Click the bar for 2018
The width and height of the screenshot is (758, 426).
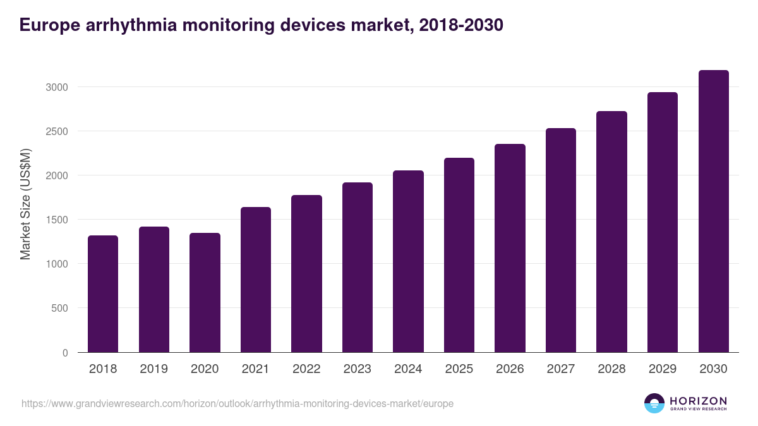[103, 294]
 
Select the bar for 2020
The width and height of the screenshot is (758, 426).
[205, 293]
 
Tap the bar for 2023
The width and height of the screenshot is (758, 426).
[358, 268]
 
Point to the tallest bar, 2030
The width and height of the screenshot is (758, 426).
[713, 211]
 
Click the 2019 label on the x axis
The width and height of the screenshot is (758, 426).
[153, 369]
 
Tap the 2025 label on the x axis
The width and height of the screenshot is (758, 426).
[459, 369]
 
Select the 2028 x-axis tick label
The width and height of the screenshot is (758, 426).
[611, 369]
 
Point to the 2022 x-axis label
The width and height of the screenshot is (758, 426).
[306, 369]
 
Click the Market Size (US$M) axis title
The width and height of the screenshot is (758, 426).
[25, 204]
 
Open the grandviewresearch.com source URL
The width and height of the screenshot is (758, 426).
[238, 403]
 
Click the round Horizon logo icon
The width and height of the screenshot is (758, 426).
[654, 403]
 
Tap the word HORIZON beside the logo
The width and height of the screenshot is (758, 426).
[698, 400]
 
